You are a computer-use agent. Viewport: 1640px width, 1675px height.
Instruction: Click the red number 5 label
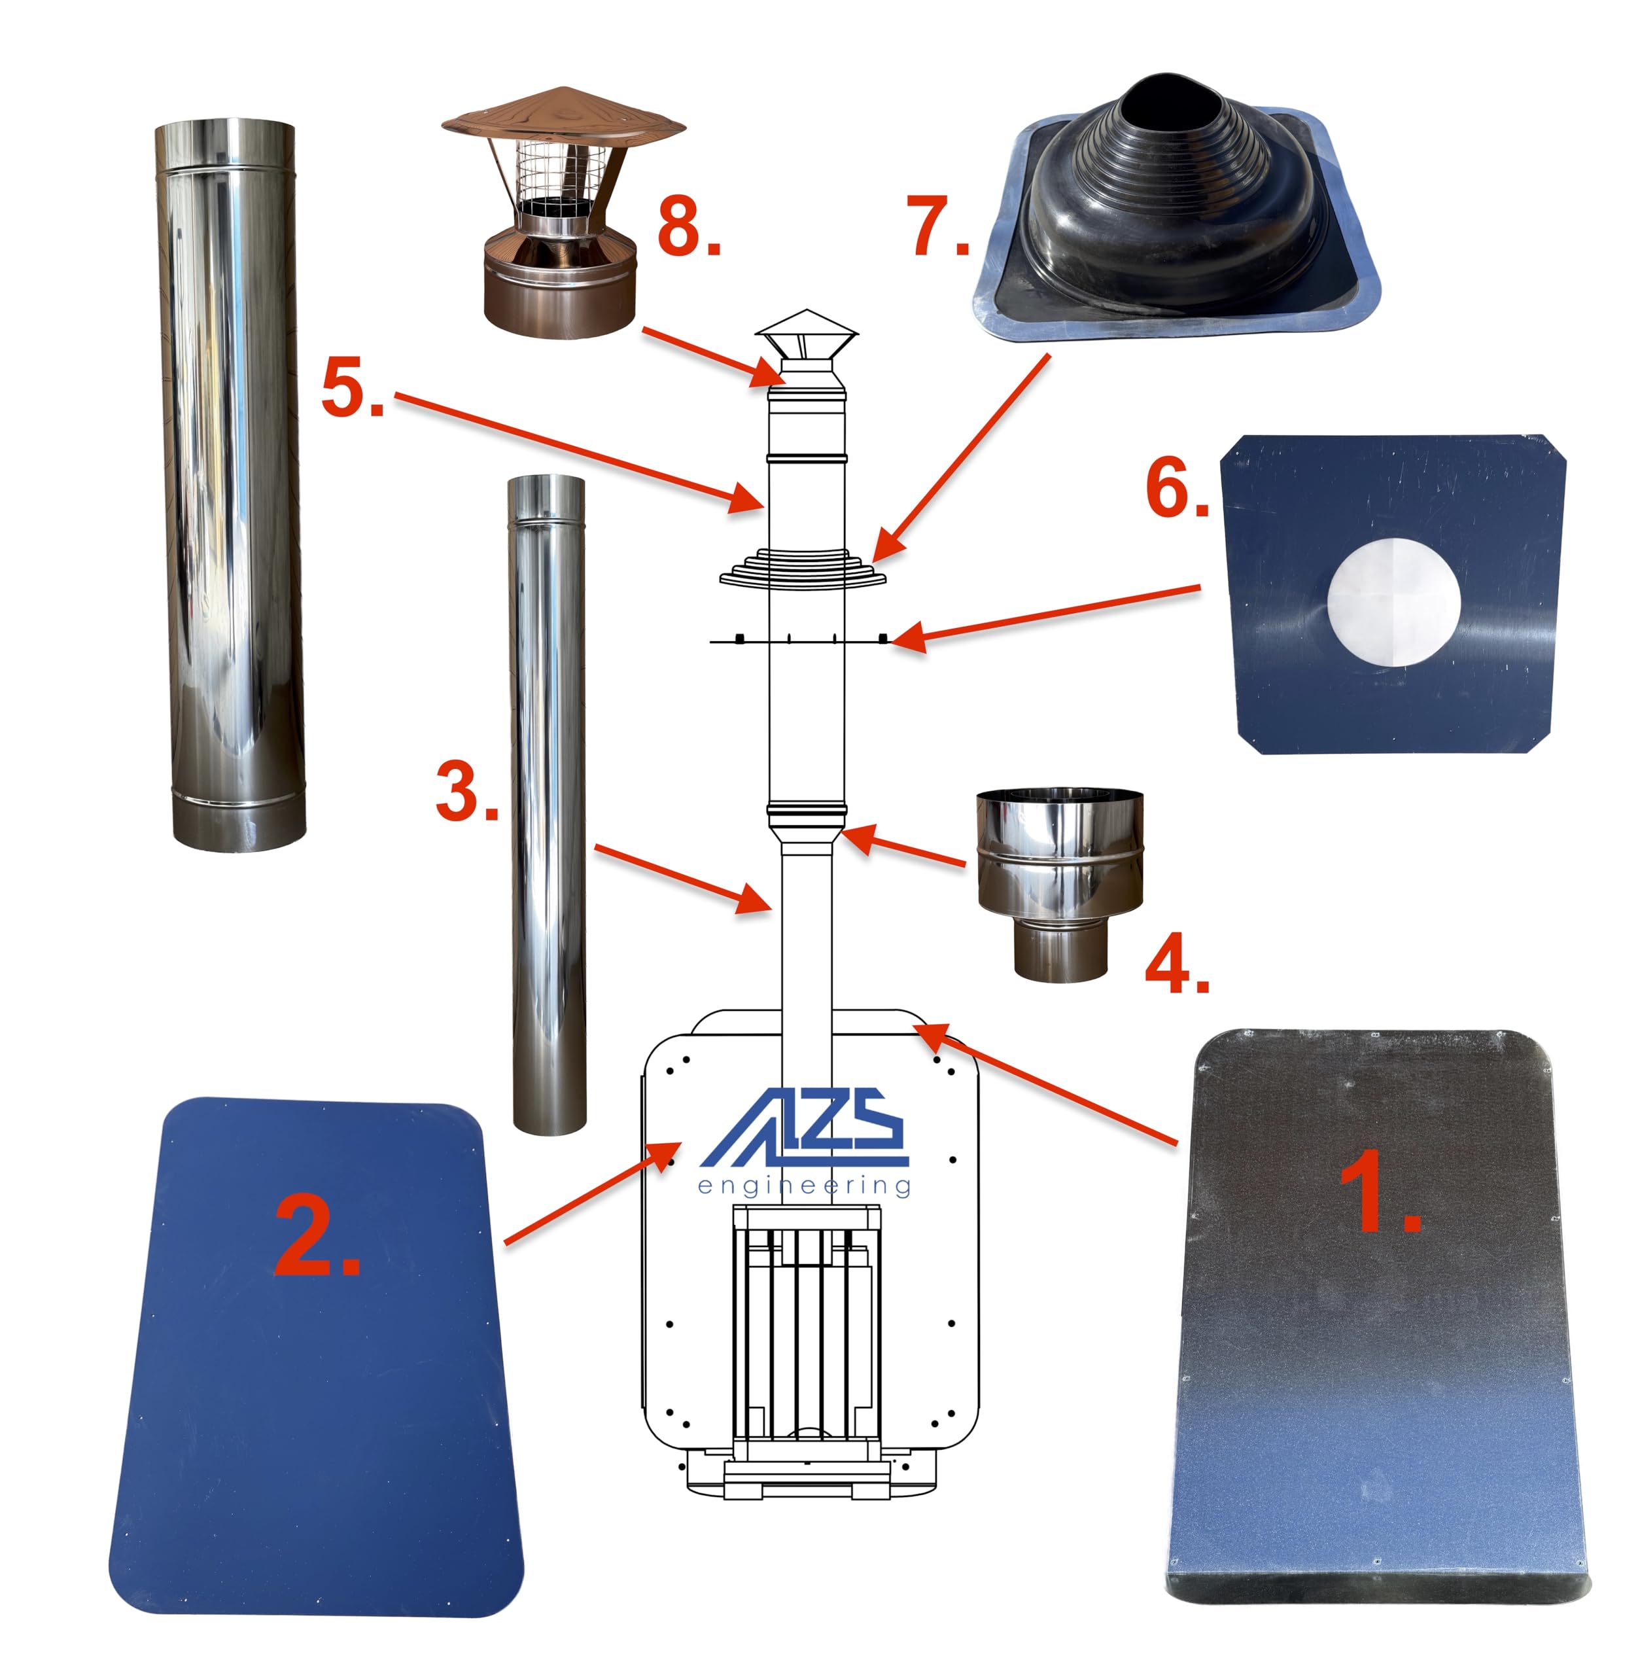tap(353, 388)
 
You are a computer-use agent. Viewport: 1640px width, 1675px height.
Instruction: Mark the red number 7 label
tap(938, 226)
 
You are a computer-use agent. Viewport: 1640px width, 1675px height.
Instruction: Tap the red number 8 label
tap(689, 226)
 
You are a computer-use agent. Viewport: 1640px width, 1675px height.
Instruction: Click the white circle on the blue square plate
tap(1393, 602)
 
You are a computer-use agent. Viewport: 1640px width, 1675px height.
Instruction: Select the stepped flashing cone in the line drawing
tap(803, 569)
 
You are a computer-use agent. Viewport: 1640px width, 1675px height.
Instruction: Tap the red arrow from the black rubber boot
tap(961, 459)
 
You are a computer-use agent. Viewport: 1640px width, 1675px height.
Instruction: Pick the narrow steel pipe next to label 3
tap(548, 805)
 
